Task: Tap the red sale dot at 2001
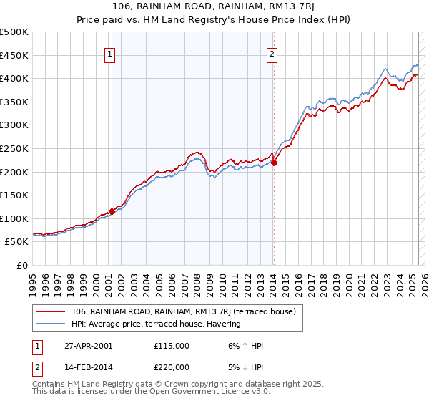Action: point(112,211)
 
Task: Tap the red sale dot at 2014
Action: point(274,163)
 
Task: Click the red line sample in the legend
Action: point(50,311)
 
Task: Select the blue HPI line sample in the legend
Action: point(50,324)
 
